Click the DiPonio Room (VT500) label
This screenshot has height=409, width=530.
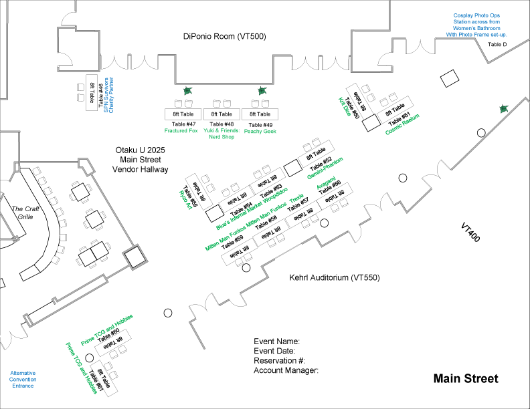click(x=224, y=37)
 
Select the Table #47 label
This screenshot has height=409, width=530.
click(x=184, y=124)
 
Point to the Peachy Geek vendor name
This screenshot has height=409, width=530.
click(x=260, y=132)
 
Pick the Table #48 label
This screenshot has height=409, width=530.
click(x=222, y=124)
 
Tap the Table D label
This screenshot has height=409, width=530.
click(x=497, y=44)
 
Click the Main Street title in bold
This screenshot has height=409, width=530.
click(x=466, y=379)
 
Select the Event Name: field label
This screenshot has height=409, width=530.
click(x=276, y=342)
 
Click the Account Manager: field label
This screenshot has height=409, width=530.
click(x=286, y=370)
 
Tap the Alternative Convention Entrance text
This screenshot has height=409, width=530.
click(x=23, y=379)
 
